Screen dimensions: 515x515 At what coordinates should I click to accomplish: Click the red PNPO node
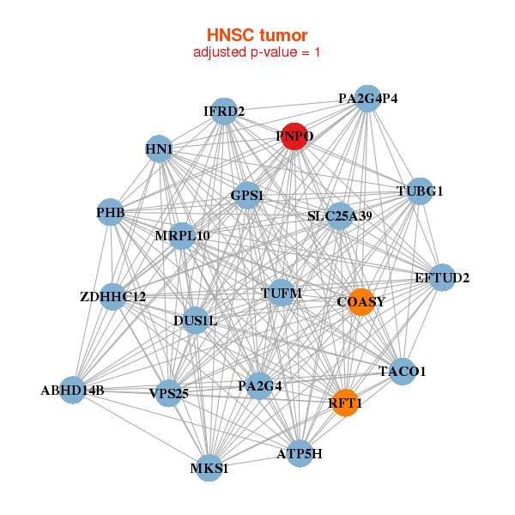pos(294,136)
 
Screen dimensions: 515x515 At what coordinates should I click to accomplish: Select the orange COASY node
pos(361,301)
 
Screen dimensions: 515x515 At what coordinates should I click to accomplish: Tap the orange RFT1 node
pos(344,403)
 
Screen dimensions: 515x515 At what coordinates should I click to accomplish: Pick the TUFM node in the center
pos(282,294)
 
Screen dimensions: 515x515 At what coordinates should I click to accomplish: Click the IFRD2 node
pos(224,112)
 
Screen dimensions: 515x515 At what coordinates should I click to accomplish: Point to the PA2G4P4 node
pos(367,98)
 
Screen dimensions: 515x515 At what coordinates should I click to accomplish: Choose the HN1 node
pos(159,149)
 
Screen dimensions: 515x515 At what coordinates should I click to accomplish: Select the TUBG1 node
pos(419,191)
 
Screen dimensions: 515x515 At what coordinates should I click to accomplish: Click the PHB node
pos(111,212)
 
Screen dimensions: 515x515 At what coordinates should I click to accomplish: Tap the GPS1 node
pos(247,195)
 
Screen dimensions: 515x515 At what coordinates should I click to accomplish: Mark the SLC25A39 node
pos(340,215)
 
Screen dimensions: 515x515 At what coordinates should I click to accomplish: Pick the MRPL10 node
pos(182,235)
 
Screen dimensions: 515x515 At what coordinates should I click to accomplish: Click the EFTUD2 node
pos(442,277)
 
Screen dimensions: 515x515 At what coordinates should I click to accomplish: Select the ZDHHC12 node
pos(112,297)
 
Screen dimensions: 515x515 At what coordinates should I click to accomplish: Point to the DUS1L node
pos(196,321)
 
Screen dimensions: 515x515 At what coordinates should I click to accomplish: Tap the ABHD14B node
pos(72,391)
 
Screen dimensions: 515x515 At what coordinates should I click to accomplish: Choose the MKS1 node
pos(209,469)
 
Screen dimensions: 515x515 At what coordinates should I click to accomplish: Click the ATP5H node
pos(300,453)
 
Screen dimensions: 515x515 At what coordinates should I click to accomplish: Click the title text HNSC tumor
pos(257,35)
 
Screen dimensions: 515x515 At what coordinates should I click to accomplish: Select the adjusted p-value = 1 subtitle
pos(257,52)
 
